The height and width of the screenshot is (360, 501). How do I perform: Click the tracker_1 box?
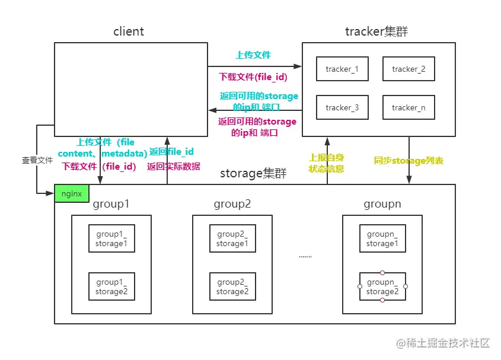342,69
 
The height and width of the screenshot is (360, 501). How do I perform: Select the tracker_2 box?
409,69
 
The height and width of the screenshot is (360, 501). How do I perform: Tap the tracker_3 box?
342,108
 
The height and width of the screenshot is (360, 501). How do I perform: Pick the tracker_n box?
409,108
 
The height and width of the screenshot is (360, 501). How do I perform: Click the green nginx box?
72,193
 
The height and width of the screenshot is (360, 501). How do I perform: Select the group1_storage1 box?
111,238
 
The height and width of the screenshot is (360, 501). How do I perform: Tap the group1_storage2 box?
111,286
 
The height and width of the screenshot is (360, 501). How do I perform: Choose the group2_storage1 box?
232,238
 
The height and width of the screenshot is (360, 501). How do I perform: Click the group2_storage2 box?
232,286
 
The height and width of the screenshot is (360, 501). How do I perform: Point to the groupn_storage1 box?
382,238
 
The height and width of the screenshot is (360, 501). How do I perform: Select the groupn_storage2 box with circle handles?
382,286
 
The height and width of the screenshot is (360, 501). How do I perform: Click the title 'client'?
129,31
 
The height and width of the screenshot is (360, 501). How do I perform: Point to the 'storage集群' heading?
253,173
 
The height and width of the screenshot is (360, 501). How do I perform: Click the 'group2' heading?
232,205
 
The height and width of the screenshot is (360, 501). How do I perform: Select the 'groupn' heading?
382,205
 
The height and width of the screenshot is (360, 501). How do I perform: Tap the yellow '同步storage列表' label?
409,161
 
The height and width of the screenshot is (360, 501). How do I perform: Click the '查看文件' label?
37,160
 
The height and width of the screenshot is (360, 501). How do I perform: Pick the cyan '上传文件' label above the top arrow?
253,55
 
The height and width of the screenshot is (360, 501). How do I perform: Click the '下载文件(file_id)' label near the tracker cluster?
253,77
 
